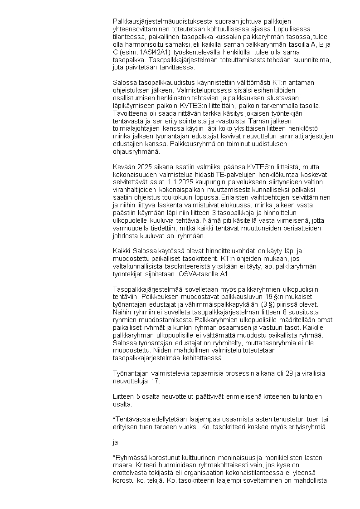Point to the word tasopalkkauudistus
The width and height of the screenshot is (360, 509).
[159, 82]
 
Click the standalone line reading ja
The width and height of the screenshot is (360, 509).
[115, 441]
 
